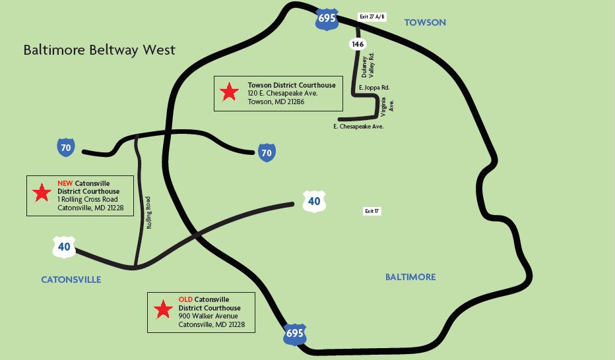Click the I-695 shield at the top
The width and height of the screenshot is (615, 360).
(327, 18)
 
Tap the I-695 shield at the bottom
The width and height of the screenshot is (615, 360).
(294, 334)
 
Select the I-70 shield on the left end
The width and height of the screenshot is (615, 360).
(65, 148)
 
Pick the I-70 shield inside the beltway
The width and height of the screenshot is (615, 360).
(266, 153)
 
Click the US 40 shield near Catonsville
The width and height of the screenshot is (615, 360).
(63, 247)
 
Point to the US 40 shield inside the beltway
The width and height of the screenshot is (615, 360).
(314, 201)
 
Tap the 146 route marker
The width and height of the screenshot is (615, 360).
(358, 44)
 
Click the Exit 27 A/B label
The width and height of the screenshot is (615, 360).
(372, 17)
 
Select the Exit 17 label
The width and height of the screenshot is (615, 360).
(372, 211)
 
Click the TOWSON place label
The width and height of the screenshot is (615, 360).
(425, 22)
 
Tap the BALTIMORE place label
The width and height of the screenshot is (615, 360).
(410, 277)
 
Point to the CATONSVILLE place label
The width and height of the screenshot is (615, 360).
(71, 280)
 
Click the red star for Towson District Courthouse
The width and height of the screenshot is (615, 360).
(229, 92)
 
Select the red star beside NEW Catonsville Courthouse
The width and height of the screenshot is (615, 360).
(42, 193)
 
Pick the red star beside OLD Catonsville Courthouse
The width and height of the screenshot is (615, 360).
(162, 309)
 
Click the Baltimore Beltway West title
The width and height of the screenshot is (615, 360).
(100, 50)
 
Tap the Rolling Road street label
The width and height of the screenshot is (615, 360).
(149, 212)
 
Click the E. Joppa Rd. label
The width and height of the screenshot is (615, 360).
(374, 87)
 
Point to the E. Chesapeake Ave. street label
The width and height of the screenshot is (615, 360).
(358, 126)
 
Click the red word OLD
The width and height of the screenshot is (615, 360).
(185, 299)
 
